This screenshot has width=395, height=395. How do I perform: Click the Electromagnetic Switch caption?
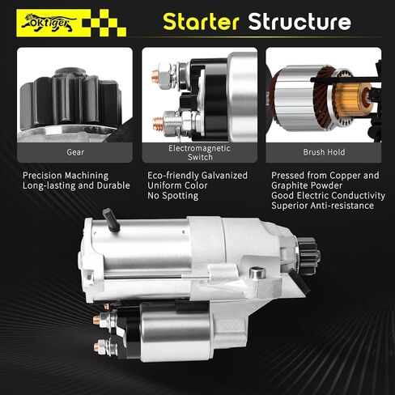[x=200, y=151]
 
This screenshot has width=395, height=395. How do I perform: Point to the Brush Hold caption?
[x=324, y=151]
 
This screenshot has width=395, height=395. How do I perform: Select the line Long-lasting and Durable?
[x=76, y=185]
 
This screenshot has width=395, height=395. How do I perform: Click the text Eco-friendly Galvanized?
[x=200, y=175]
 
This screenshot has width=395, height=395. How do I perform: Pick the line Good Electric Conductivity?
[x=328, y=195]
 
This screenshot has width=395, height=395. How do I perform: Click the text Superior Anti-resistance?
[x=323, y=206]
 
